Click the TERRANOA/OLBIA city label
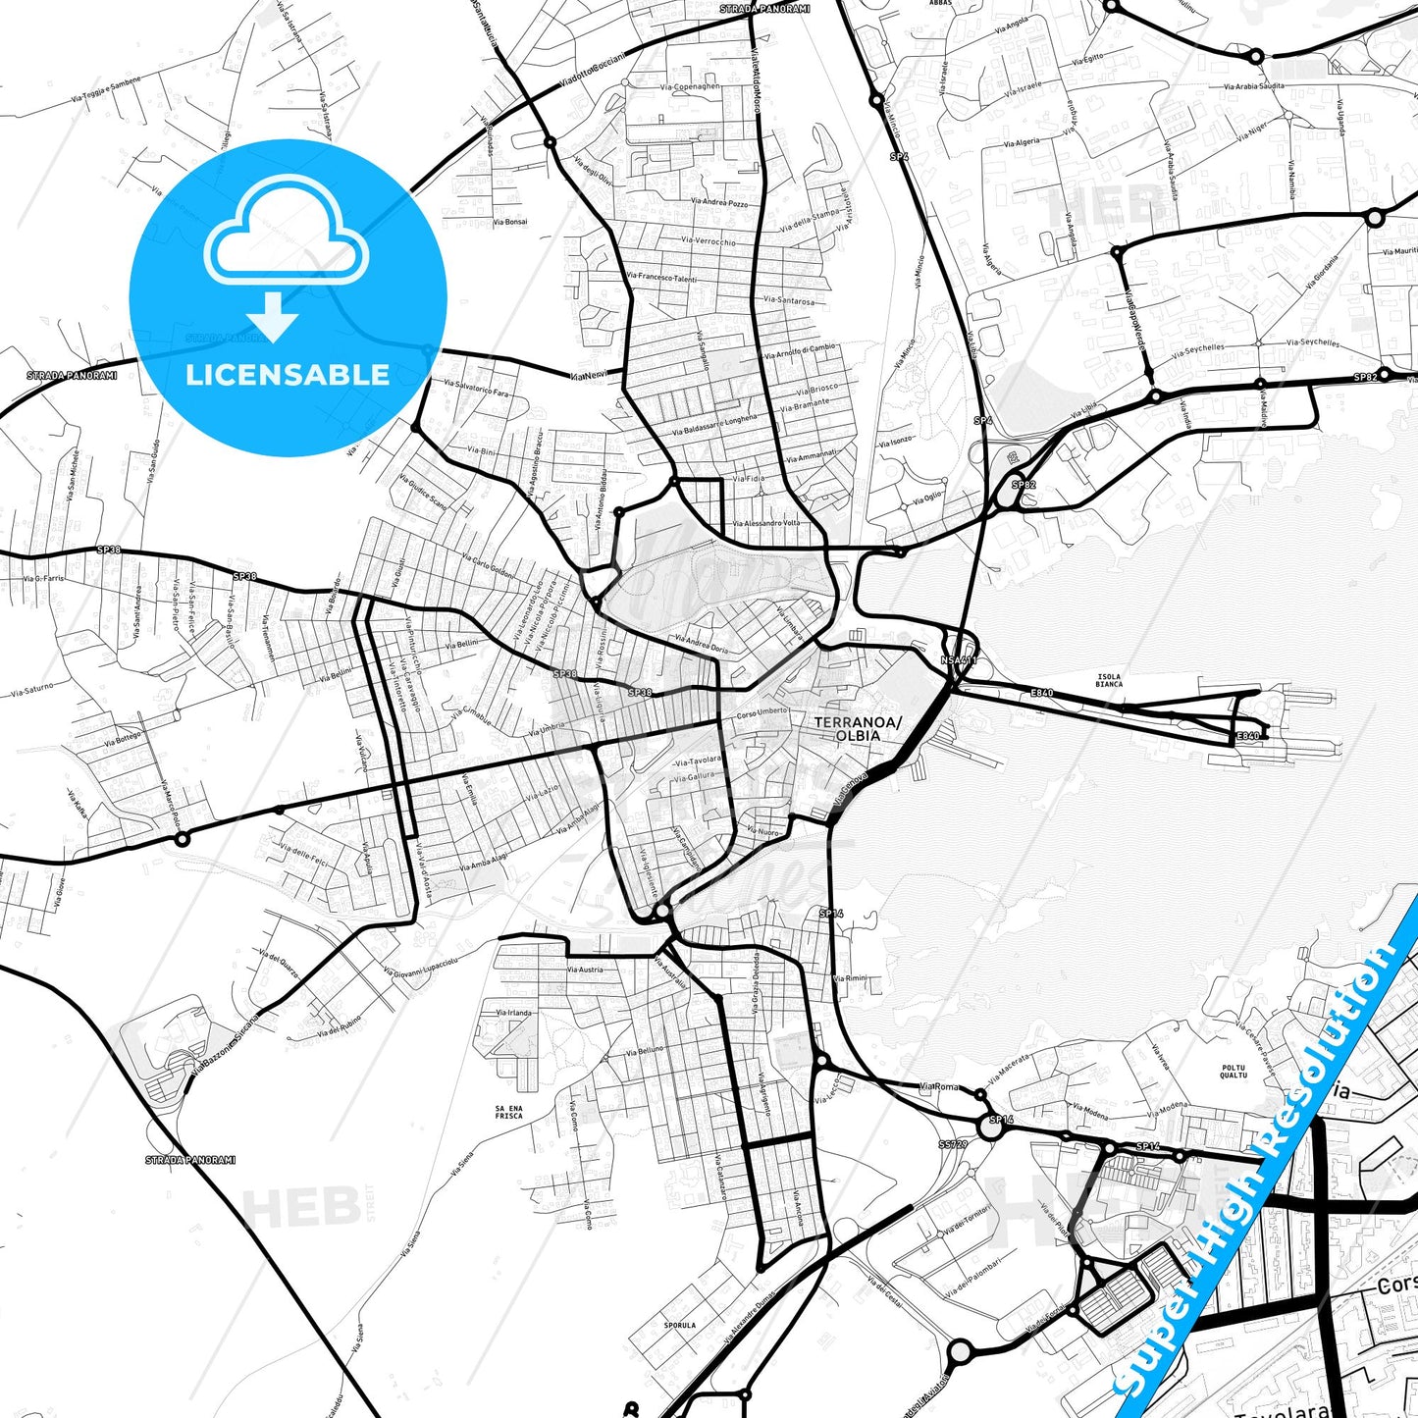857,728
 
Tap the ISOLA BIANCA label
1109,680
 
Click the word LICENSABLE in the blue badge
288,375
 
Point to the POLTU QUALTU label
1234,1072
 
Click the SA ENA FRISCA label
508,1112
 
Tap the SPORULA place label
679,1325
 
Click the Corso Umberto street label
762,713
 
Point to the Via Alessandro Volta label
765,524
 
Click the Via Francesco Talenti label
661,278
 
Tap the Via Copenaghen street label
690,86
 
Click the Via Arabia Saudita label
1253,86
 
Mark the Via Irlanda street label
513,1012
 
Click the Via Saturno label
32,690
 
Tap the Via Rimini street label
850,978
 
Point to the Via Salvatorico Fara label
476,388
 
